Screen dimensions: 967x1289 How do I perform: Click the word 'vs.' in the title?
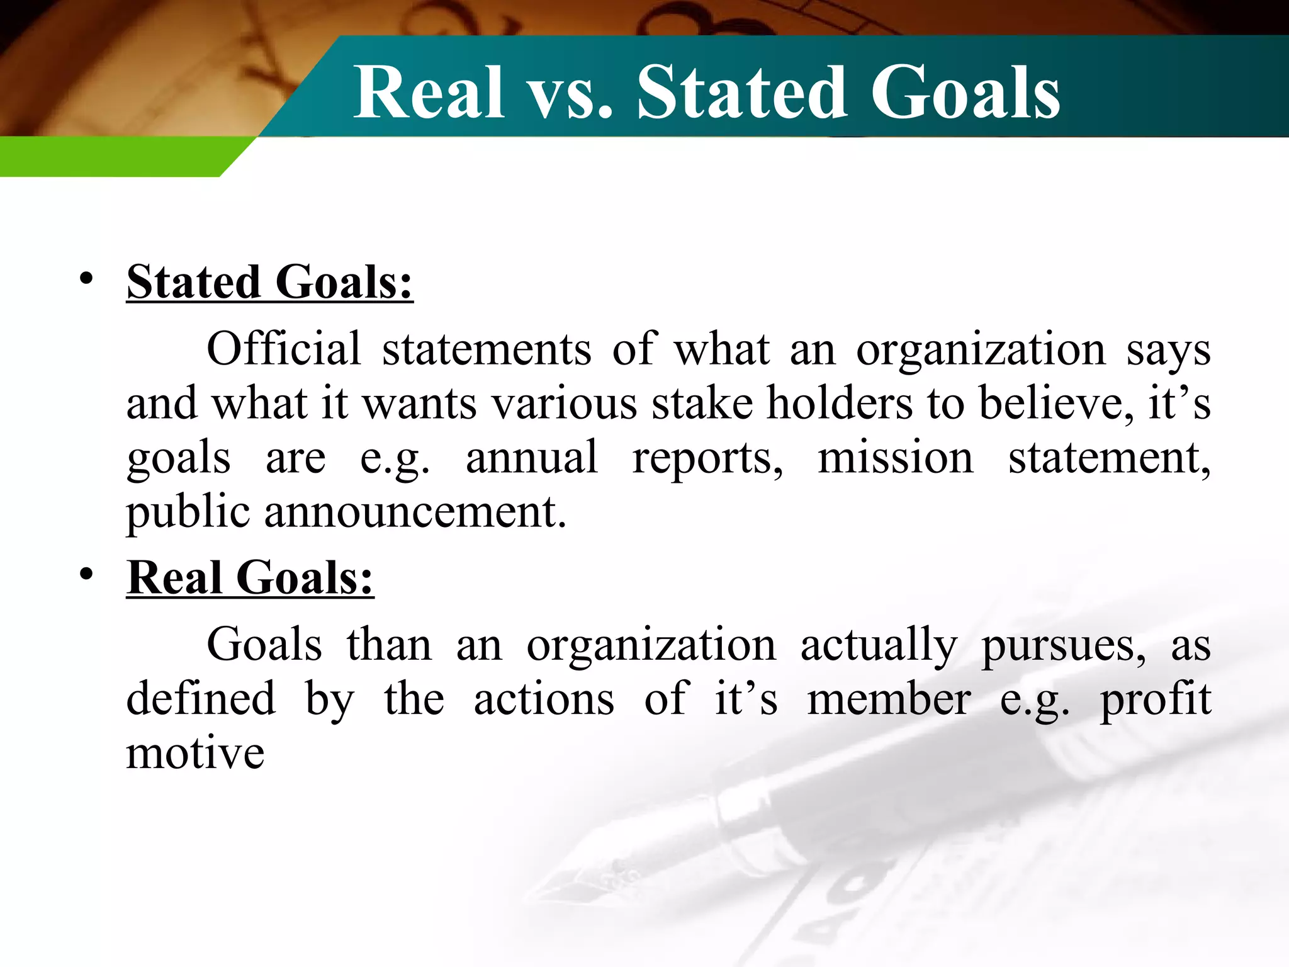(569, 94)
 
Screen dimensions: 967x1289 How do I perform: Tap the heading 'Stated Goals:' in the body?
(269, 282)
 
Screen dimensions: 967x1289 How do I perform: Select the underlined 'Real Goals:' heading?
(250, 577)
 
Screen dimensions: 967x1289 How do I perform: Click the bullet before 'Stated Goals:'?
(87, 278)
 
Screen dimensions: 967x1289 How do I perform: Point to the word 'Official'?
(284, 349)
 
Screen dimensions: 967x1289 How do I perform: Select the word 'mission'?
(895, 458)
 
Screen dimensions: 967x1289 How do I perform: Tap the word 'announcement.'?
(415, 511)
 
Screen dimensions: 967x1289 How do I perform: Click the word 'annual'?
(532, 458)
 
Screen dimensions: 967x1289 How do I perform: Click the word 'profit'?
(1155, 700)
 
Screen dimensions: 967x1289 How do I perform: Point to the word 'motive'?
(195, 754)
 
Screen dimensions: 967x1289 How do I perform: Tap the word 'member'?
(889, 700)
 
